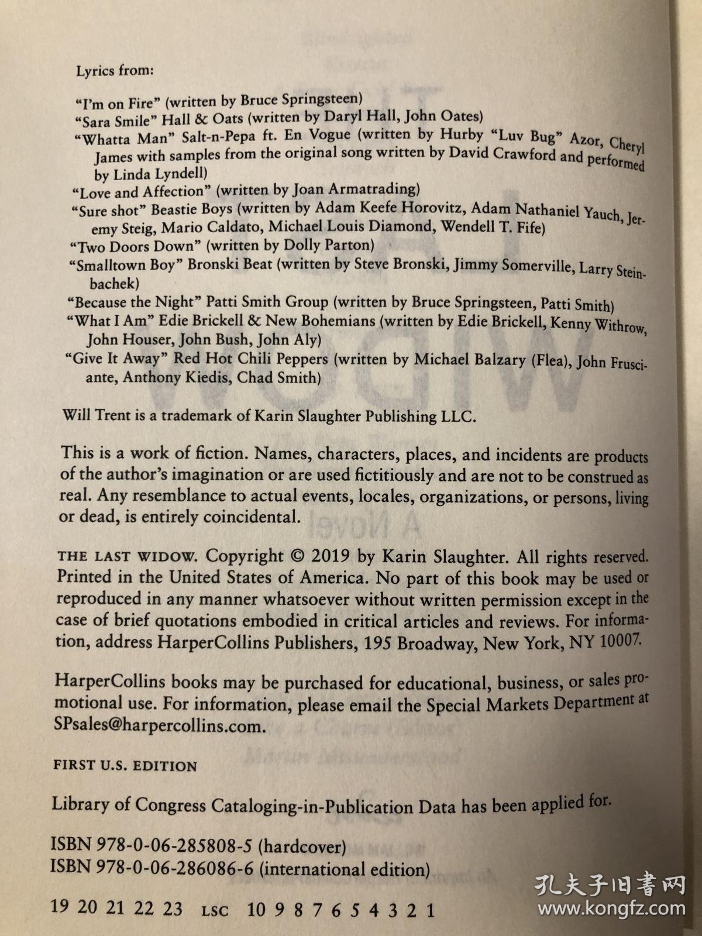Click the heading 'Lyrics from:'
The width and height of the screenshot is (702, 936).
click(115, 71)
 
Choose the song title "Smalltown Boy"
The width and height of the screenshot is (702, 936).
click(125, 266)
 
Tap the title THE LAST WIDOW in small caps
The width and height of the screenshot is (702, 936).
click(129, 556)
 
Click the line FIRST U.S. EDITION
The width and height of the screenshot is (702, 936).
click(125, 766)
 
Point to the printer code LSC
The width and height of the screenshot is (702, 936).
click(215, 911)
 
